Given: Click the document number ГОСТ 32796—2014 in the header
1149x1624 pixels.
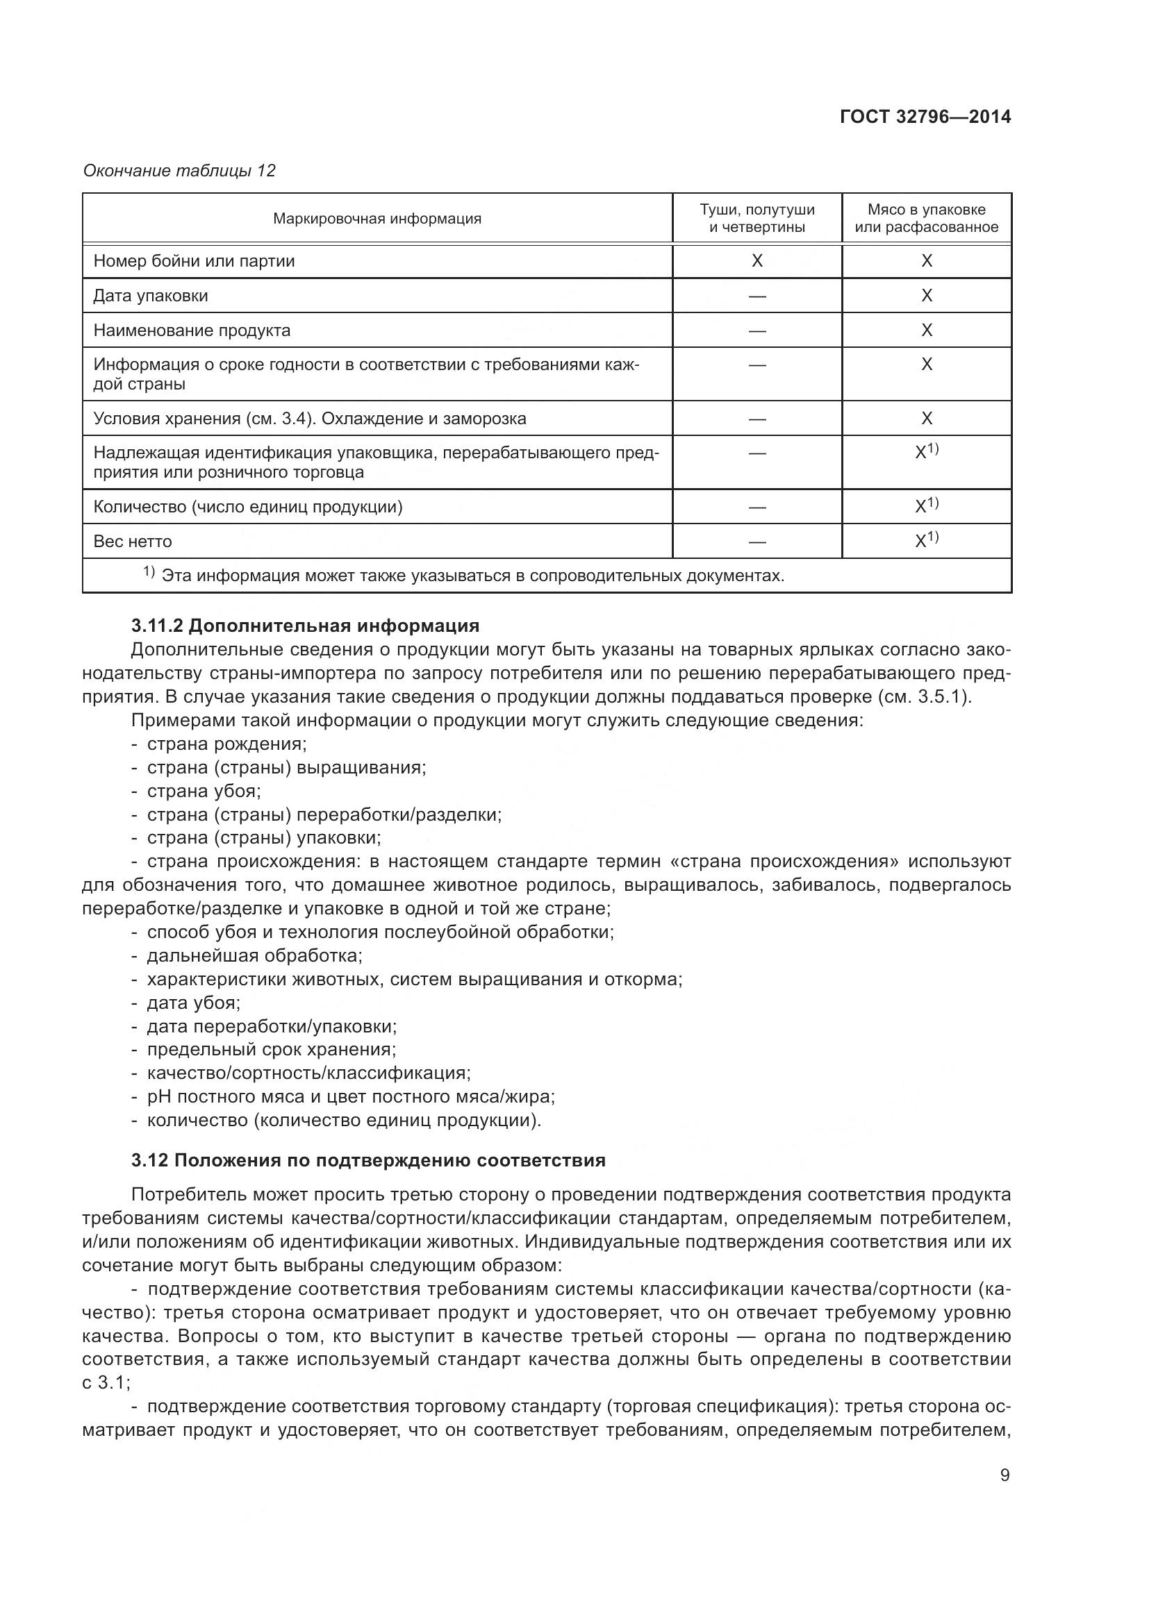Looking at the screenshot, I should coord(925,117).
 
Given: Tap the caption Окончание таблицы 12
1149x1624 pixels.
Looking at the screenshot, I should coord(179,171).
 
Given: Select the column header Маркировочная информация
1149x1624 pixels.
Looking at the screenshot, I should coord(377,219).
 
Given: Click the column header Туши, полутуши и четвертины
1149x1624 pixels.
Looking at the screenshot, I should coord(757,218).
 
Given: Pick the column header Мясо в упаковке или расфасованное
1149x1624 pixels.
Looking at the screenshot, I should coord(926,218).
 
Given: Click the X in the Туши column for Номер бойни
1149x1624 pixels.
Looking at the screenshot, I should coord(757,261).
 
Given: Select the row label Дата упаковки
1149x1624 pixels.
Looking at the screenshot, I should coord(151,296).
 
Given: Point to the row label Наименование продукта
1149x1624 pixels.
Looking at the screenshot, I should coord(192,330).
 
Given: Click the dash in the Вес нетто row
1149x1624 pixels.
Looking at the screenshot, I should coord(757,542).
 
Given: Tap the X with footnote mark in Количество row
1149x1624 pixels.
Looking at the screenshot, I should coord(926,505).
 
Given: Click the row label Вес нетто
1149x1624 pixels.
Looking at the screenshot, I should coord(133,542).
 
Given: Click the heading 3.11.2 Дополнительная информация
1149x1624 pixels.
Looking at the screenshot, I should coord(305,626).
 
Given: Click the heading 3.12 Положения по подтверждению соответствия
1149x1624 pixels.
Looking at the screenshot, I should coord(368,1161).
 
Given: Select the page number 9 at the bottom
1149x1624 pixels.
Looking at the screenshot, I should coord(1005,1475).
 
